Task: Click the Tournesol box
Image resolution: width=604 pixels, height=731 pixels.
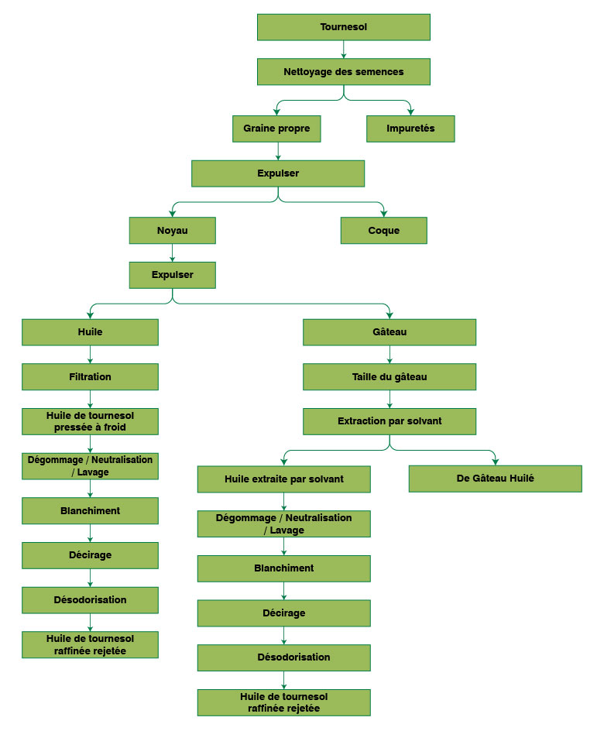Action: tap(343, 27)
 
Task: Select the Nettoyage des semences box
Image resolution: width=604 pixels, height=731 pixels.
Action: tap(343, 72)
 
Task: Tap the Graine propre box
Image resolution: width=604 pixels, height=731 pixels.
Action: tap(276, 129)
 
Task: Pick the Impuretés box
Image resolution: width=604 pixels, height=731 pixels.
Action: tap(410, 129)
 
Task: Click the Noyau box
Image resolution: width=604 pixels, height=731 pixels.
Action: tap(172, 231)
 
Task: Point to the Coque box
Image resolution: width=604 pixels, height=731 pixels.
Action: tap(384, 231)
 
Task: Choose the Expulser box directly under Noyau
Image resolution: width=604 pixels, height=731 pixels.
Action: tap(172, 275)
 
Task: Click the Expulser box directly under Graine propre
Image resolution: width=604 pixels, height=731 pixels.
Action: tap(278, 173)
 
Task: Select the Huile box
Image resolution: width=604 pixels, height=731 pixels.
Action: tap(91, 332)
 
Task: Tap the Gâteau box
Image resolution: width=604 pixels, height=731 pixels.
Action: tap(390, 332)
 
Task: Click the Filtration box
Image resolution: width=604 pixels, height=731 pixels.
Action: tap(91, 377)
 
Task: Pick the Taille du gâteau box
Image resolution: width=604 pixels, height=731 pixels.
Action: tap(390, 377)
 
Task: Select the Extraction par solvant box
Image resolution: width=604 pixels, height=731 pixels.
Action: tap(390, 421)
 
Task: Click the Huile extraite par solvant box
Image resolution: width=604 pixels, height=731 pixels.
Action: tap(284, 479)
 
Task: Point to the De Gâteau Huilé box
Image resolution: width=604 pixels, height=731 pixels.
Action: tap(496, 479)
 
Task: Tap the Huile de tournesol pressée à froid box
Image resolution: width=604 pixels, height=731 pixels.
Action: tap(91, 421)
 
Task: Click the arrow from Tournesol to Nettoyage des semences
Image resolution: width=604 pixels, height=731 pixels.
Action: tap(343, 50)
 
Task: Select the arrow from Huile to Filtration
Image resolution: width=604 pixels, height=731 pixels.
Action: tap(91, 355)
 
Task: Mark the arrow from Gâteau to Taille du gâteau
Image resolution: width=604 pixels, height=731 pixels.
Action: tap(390, 355)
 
